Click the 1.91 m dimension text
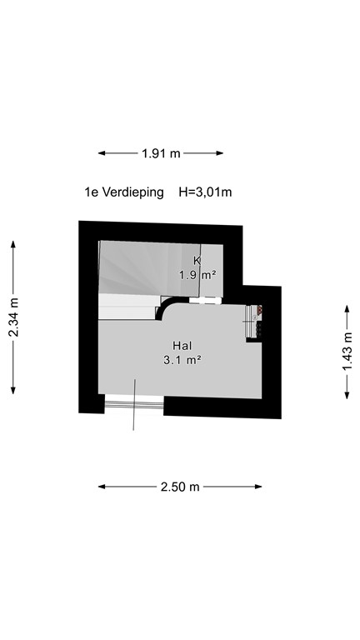pos(161,153)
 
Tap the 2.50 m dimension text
pos(180,487)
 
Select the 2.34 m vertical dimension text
pos(13,317)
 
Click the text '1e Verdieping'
pos(123,192)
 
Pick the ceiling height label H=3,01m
pos(205,192)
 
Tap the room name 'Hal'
pos(182,345)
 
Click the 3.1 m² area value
pos(182,360)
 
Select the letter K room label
pos(197,260)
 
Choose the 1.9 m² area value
pos(197,274)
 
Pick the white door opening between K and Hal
pos(203,300)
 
